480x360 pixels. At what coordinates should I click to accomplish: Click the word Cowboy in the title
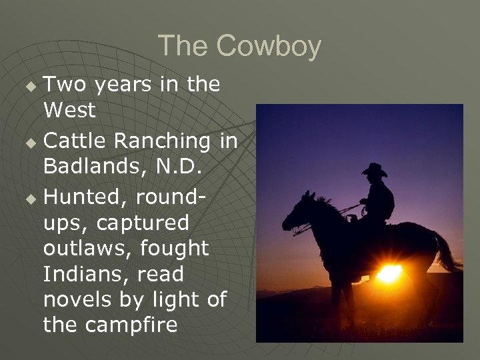(x=271, y=47)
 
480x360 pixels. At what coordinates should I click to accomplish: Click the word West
(x=69, y=111)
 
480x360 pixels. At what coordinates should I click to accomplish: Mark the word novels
(x=75, y=300)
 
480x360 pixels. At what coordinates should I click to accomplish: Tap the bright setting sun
(x=389, y=273)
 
